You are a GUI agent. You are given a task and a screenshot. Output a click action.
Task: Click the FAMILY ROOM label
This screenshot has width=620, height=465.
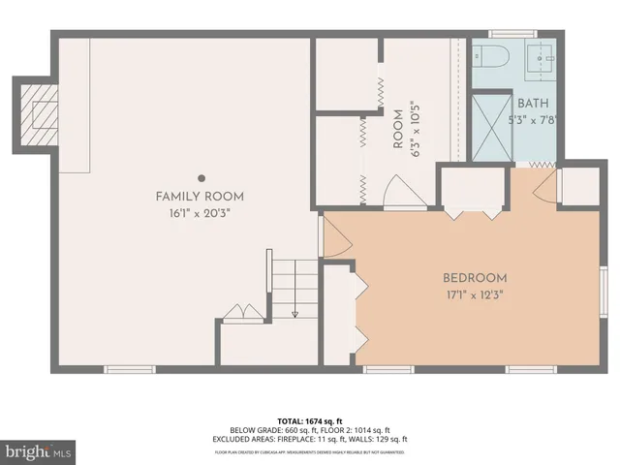pyautogui.click(x=200, y=197)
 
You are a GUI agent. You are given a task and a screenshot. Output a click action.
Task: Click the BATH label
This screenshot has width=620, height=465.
pyautogui.click(x=533, y=104)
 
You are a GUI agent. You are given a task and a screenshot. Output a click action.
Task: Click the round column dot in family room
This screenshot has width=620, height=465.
pyautogui.click(x=201, y=177)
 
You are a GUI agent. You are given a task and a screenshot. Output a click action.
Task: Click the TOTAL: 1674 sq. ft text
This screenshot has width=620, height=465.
pyautogui.click(x=310, y=420)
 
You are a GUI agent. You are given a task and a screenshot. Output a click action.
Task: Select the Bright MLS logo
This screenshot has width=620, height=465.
pyautogui.click(x=39, y=451)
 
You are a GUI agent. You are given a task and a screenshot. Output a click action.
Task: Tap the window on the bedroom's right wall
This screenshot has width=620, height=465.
pyautogui.click(x=603, y=292)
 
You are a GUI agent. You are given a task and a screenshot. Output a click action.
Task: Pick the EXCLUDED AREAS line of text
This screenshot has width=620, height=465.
pyautogui.click(x=310, y=439)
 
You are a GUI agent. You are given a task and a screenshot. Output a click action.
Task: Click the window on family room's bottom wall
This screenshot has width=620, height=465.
pyautogui.click(x=130, y=369)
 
